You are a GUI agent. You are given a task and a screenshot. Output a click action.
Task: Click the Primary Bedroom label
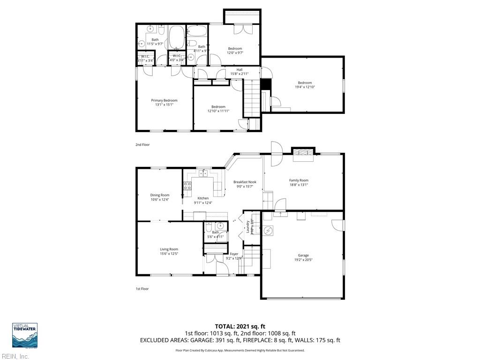[x=164, y=100]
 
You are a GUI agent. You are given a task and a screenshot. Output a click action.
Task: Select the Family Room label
[x=299, y=180]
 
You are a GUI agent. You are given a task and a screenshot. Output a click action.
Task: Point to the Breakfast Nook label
[x=245, y=182]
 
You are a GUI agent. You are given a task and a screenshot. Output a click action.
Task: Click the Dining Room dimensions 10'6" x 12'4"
[x=159, y=200]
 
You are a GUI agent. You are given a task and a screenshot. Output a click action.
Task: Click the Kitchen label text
[x=203, y=198]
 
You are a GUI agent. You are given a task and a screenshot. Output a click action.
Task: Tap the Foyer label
[x=234, y=254]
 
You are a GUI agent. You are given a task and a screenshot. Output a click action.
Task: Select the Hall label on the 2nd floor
[x=239, y=70]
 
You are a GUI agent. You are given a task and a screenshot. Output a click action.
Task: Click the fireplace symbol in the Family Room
[x=303, y=155]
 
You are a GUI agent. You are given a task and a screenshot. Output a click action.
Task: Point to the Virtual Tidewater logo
[x=25, y=335]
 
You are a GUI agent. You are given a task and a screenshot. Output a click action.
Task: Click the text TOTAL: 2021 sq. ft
[x=240, y=326]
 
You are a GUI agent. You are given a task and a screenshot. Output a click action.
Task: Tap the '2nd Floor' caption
[x=142, y=145]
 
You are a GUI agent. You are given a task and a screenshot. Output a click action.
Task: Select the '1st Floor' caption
[x=142, y=289]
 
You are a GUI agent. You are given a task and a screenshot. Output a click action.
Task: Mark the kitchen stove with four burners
[x=187, y=186]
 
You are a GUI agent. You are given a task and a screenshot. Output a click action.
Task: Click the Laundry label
[x=248, y=227]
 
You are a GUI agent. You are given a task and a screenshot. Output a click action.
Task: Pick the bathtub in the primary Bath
[x=176, y=37]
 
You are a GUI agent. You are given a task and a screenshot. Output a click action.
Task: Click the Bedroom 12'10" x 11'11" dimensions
[x=218, y=111]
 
